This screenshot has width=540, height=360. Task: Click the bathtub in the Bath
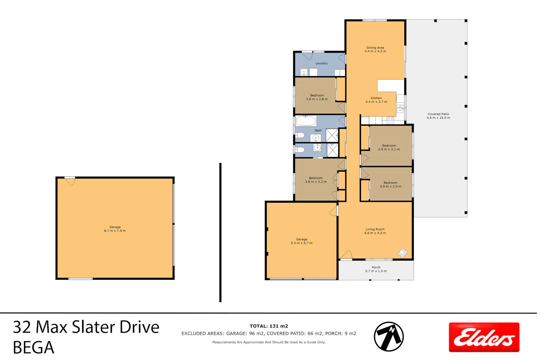306,121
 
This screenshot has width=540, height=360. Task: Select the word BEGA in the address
33,347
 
